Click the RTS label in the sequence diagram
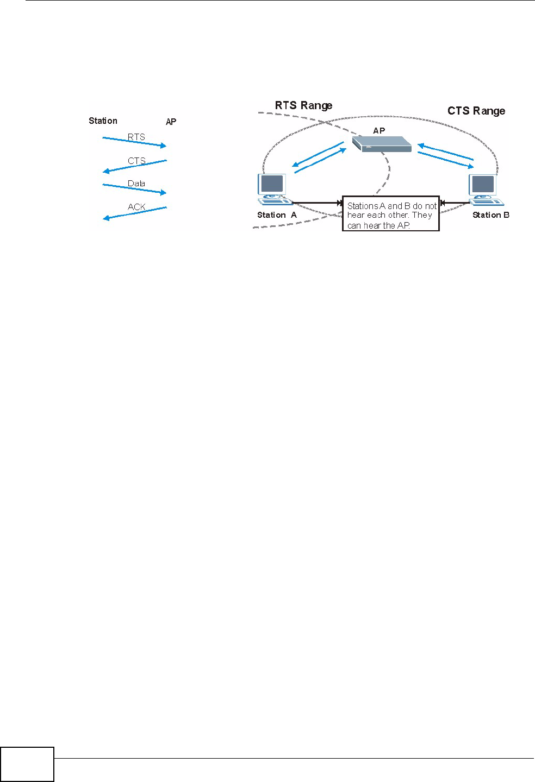click(136, 137)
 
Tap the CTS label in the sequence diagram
click(136, 161)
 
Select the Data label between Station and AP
click(136, 184)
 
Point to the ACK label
click(136, 207)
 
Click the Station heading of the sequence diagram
click(103, 121)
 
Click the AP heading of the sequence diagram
click(171, 122)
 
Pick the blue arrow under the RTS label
click(134, 142)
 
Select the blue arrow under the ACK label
click(134, 213)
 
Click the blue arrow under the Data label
click(134, 189)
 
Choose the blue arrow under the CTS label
click(134, 166)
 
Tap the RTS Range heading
click(303, 105)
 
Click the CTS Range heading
click(476, 111)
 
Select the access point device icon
click(382, 144)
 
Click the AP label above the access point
click(379, 130)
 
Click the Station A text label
click(277, 215)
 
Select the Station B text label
click(490, 215)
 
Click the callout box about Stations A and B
click(391, 214)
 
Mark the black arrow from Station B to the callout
click(455, 203)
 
